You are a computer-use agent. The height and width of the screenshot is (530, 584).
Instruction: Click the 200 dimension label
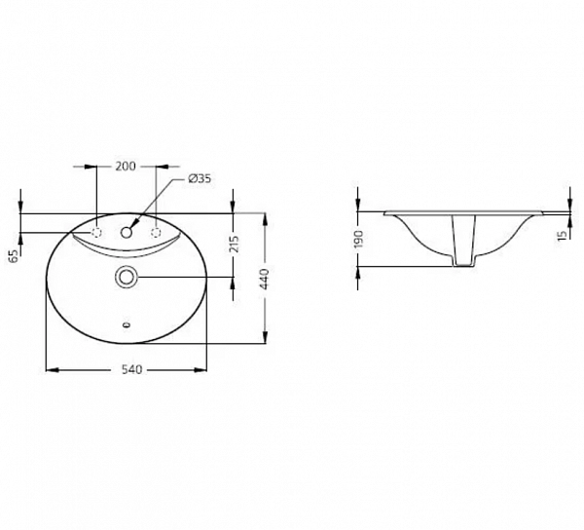tap(125, 166)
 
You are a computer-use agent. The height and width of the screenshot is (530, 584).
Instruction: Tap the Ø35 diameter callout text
tap(199, 178)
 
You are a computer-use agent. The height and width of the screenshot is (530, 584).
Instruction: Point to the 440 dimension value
tap(265, 278)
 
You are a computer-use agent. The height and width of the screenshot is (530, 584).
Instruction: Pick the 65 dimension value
tap(13, 255)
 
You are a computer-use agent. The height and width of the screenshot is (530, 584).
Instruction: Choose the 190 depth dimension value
tap(358, 239)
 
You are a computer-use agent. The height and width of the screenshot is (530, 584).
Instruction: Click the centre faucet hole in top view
tap(127, 233)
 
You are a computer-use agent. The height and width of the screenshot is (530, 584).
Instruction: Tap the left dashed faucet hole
tap(97, 233)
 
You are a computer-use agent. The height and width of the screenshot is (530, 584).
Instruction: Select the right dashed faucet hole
tap(156, 233)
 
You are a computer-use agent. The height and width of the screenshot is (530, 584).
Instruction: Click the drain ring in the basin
tap(127, 278)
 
